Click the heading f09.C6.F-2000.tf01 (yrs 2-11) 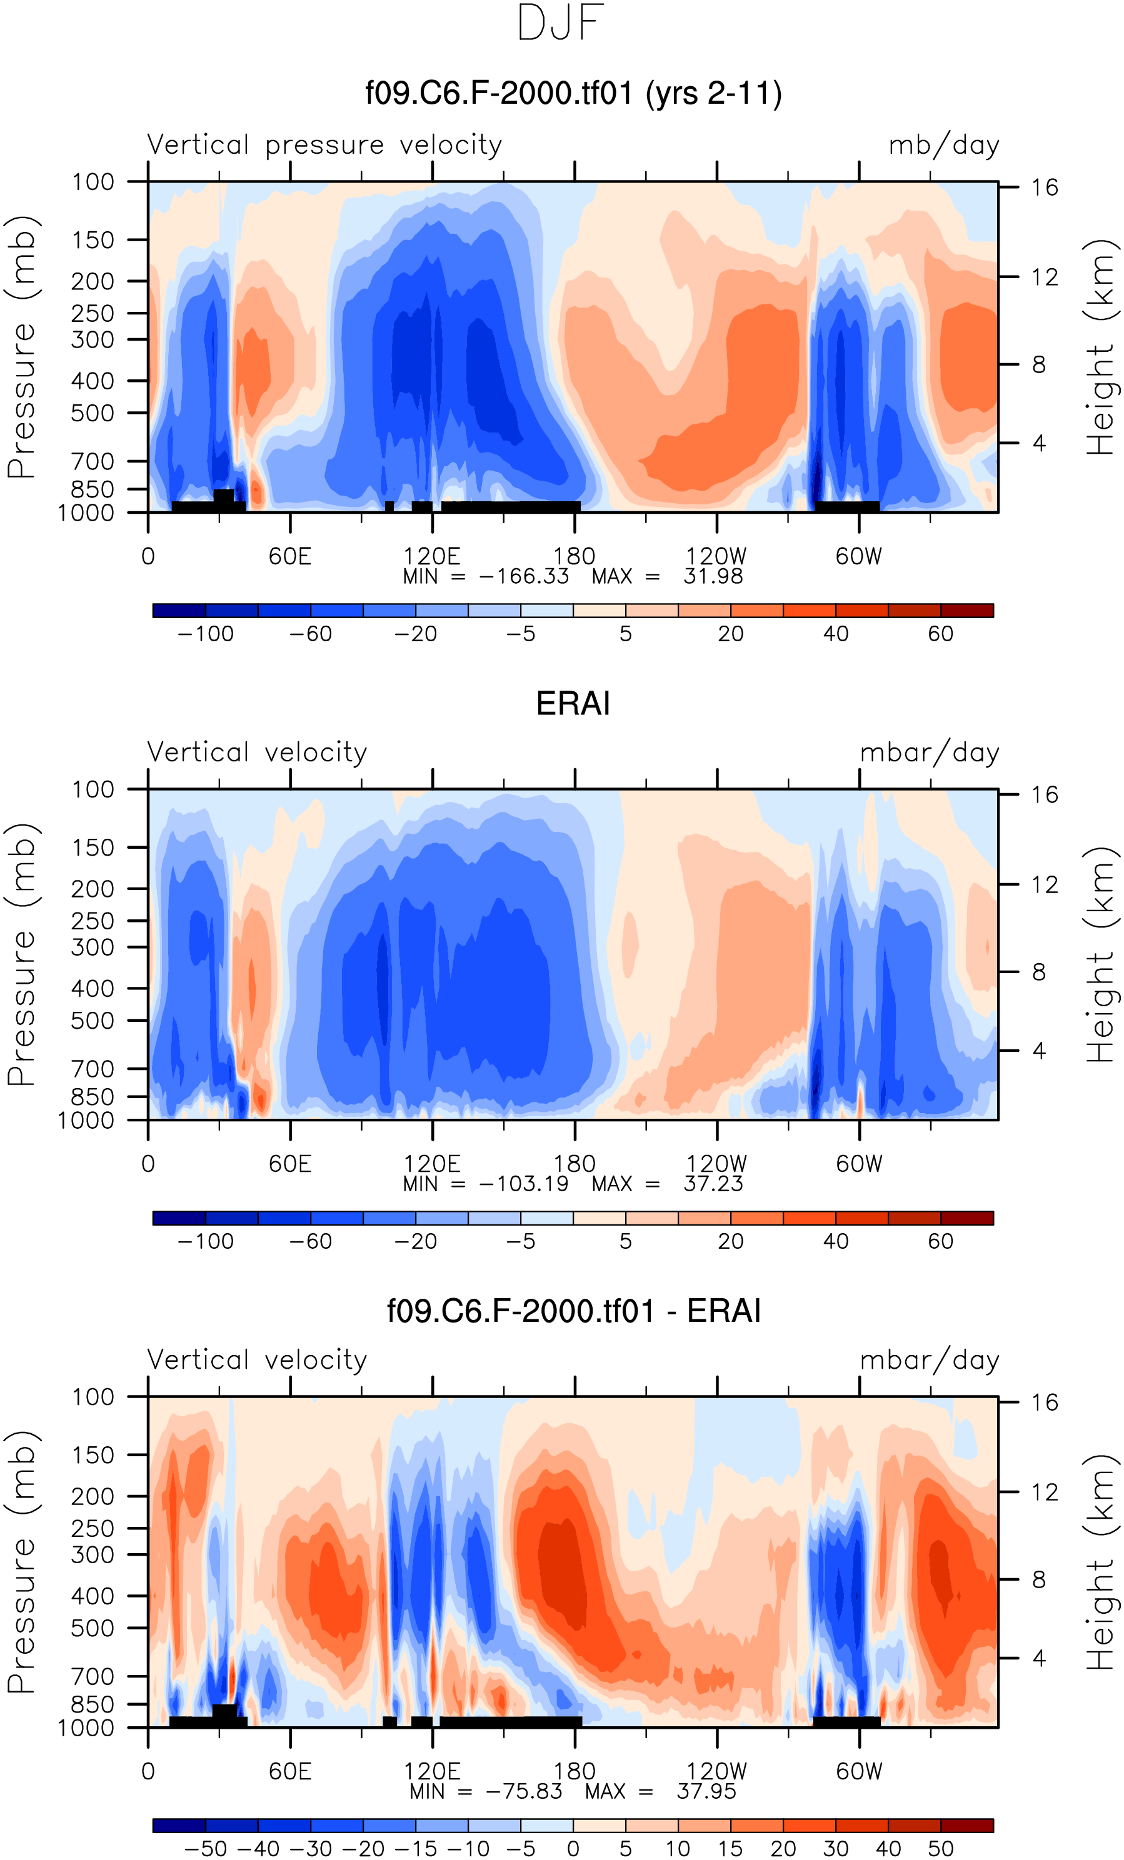573,94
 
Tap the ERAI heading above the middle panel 573,704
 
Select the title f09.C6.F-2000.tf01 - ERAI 573,1311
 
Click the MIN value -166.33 524,577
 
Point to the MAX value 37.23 713,1184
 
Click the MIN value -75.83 524,1791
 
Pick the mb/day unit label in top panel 943,145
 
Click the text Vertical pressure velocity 324,144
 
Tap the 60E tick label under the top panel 290,557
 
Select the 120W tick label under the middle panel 716,1164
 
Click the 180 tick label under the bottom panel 575,1772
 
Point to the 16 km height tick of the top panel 1045,187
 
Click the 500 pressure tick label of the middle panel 93,1021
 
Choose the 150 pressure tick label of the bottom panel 93,1454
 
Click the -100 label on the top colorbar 205,634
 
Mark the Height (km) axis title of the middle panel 1100,954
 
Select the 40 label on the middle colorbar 836,1242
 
